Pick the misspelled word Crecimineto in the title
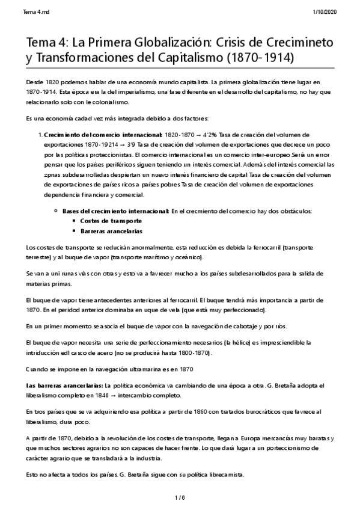point(296,41)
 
